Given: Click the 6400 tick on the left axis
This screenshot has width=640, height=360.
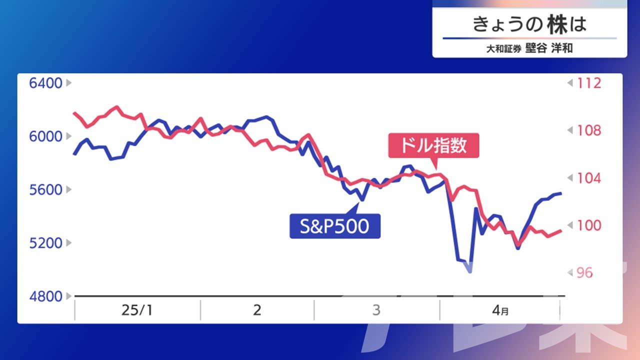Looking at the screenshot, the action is point(45,83).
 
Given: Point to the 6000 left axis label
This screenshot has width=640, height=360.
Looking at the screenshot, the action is point(45,136).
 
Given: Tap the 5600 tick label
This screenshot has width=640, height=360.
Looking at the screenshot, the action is point(45,189).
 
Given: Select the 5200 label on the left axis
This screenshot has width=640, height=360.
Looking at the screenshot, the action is point(45,243).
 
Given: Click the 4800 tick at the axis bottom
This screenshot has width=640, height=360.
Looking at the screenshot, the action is point(45,296).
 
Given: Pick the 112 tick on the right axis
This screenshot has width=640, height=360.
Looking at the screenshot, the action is point(589,83).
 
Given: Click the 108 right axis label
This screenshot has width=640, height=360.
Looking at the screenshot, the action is point(589,130).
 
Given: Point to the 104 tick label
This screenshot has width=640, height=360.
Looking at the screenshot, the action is point(589,178).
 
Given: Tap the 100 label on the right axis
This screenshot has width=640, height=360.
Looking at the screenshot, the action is point(589,225).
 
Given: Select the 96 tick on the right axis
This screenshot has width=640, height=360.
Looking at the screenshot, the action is point(584,273).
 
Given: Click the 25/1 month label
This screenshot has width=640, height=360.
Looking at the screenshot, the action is point(137,310).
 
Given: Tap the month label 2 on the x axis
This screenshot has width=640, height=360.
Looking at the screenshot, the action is point(257,310).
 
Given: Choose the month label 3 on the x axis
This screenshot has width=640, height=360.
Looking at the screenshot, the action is point(376,310).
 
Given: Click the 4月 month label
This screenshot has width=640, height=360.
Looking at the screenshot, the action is point(500,310).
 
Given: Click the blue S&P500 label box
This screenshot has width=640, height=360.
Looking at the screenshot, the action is point(335,226).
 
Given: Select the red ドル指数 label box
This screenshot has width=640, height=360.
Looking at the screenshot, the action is point(433,145).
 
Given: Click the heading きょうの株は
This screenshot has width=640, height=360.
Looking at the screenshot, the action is point(529,24).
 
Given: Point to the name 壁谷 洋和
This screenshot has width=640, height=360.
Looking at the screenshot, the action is point(549,48).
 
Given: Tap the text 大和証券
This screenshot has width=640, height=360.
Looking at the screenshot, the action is point(503,49).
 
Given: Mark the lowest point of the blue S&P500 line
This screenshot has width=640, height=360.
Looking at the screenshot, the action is point(470,272).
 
